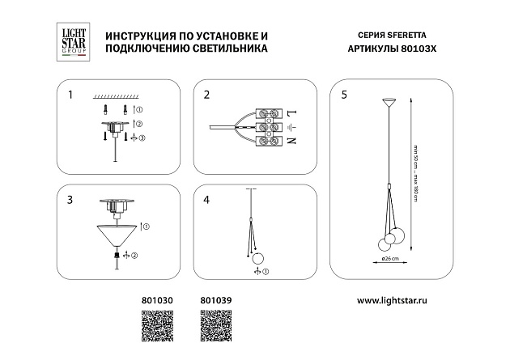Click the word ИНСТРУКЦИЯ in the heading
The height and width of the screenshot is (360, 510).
(134, 38)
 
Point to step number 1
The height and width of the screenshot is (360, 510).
(70, 95)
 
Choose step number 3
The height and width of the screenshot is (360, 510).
(70, 198)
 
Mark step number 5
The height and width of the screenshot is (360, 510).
(344, 95)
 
